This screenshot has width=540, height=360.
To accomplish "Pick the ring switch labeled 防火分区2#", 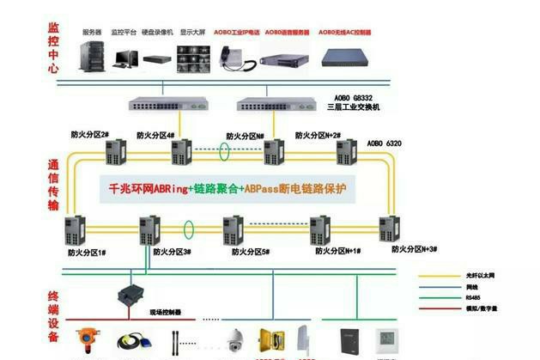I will coord(113,153).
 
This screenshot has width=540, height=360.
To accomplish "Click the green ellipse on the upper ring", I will coord(224,152).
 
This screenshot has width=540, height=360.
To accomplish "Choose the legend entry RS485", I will coord(469,299).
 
